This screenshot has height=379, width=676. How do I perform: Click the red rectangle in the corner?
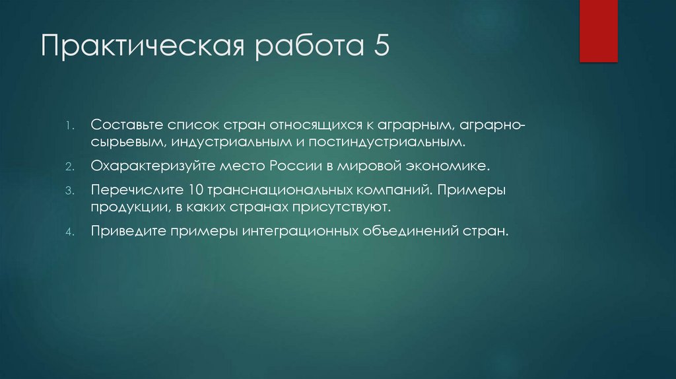599,31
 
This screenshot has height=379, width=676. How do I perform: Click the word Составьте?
127,125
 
